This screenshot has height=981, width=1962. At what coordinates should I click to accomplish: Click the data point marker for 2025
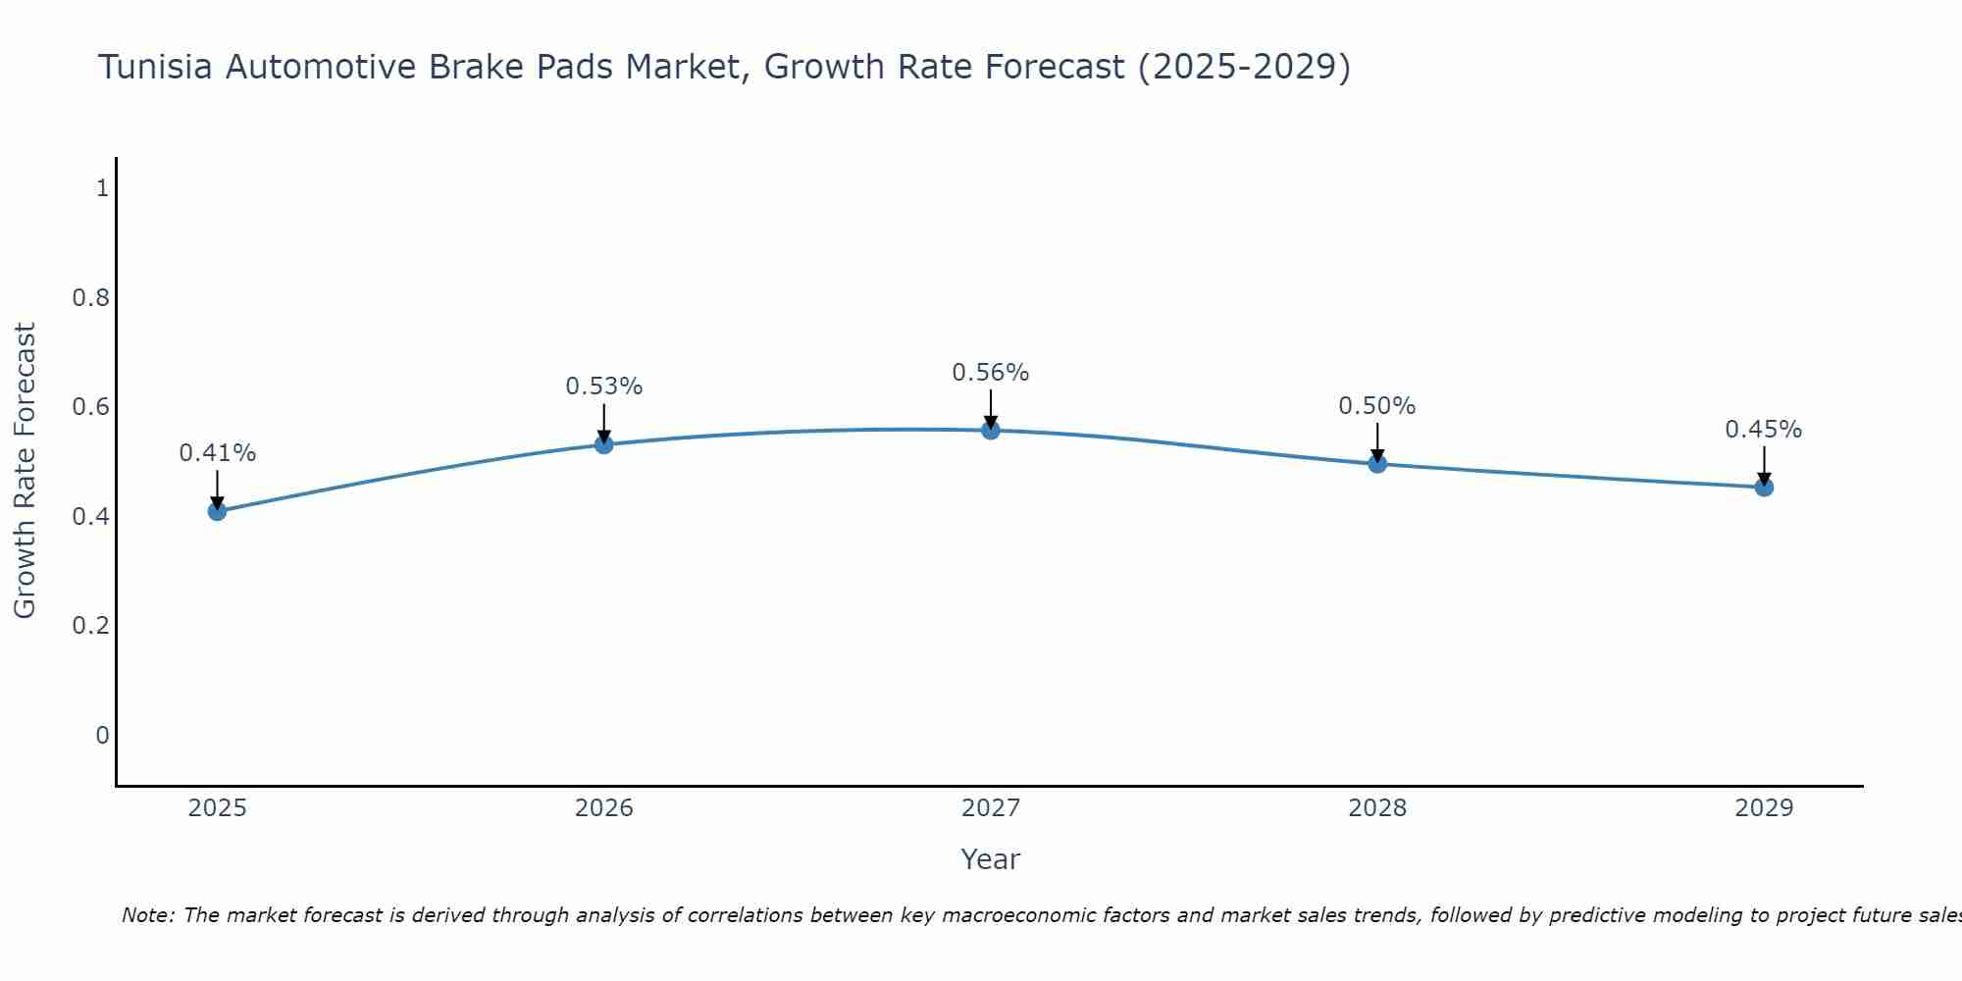[x=218, y=511]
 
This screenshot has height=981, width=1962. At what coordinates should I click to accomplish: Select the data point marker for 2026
[x=604, y=444]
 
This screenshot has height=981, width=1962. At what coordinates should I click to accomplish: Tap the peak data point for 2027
[x=991, y=430]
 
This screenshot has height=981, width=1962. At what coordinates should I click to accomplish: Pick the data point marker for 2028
[x=1377, y=463]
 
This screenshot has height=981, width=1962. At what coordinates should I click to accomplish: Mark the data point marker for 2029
[x=1764, y=487]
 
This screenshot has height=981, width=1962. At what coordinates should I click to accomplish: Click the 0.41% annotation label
[x=218, y=453]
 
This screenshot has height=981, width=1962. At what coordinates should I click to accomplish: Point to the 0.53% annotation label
[x=604, y=387]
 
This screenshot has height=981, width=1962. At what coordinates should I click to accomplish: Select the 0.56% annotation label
[x=991, y=373]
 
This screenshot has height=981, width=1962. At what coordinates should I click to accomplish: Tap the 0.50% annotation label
[x=1377, y=406]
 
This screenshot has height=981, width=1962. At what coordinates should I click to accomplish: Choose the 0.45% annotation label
[x=1764, y=430]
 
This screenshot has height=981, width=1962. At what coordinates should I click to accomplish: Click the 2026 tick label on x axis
[x=604, y=808]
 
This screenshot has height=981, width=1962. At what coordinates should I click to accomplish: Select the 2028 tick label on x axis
[x=1377, y=808]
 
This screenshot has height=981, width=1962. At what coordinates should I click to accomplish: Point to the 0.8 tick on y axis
[x=90, y=297]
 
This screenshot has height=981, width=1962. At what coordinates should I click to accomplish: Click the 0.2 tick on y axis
[x=90, y=626]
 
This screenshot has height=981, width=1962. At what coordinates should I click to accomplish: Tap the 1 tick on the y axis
[x=102, y=188]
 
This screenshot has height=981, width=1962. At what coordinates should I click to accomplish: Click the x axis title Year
[x=991, y=859]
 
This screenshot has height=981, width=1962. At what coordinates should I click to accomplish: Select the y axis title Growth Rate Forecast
[x=25, y=471]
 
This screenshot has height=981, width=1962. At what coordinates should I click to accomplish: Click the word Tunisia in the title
[x=156, y=68]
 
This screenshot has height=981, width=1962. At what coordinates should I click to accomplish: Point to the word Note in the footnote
[x=147, y=915]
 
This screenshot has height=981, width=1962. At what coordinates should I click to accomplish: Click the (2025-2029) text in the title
[x=1243, y=68]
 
